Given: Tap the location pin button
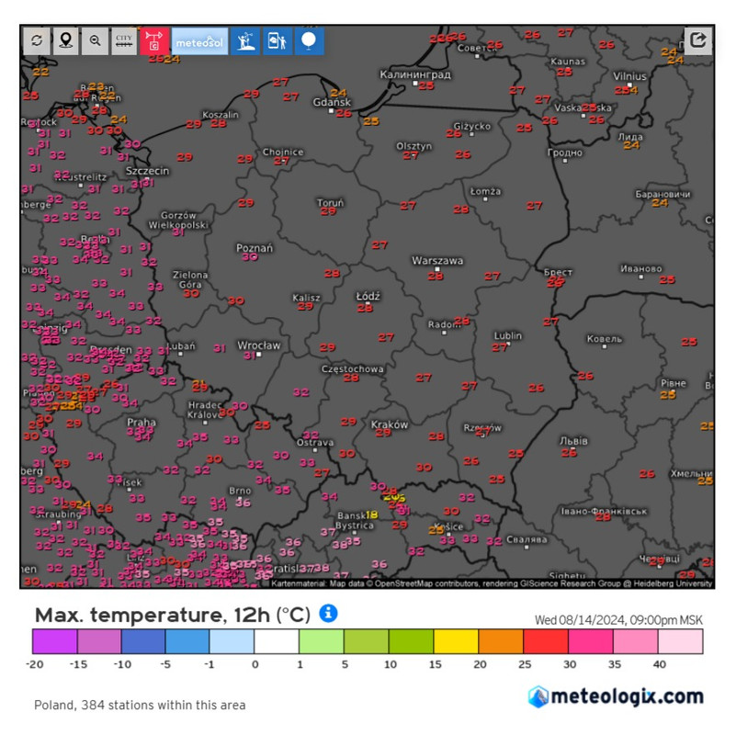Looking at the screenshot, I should (x=65, y=40).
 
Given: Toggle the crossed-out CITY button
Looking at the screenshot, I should (x=124, y=40).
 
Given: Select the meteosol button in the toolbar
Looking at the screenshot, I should (x=199, y=40).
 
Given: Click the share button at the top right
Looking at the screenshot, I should (x=698, y=40).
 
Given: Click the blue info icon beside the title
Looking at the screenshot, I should (x=328, y=613).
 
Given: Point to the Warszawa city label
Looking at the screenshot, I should (x=437, y=261).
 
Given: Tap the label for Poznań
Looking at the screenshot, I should (x=255, y=248).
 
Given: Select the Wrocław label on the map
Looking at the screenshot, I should (x=257, y=345).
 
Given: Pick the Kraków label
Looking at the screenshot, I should (x=389, y=425).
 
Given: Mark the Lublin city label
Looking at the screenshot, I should (x=507, y=335).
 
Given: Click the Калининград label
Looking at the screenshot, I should (x=415, y=73).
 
